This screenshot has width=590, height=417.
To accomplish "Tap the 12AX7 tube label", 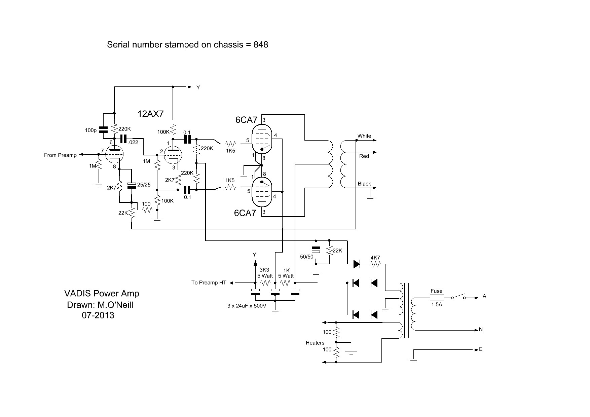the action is (x=150, y=114).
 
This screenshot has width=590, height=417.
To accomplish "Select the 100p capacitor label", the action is (x=90, y=130).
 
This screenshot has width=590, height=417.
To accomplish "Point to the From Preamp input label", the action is (x=60, y=155).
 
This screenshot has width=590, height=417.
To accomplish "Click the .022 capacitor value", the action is (x=133, y=142).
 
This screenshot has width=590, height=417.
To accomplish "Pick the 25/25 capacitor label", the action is (x=144, y=185).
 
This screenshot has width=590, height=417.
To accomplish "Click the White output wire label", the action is (x=364, y=136).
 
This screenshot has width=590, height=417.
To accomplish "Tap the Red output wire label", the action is (x=364, y=156).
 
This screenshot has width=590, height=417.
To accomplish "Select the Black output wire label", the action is (x=364, y=184).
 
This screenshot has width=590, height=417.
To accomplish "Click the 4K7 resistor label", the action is (x=375, y=258).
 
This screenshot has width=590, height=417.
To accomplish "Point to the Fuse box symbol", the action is (x=437, y=297).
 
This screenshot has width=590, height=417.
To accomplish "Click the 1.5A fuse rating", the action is (x=437, y=305).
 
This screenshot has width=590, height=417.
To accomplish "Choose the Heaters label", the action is (x=315, y=343).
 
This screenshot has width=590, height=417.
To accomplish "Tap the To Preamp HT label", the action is (x=209, y=282).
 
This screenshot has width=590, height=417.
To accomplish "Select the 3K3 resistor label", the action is (x=264, y=270).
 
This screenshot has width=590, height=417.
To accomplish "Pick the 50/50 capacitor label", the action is (x=306, y=257).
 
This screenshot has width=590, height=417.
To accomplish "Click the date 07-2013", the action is (x=98, y=315).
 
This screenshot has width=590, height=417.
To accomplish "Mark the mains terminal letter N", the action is (x=481, y=329).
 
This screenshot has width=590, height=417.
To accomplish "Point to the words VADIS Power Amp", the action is (x=102, y=294).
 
